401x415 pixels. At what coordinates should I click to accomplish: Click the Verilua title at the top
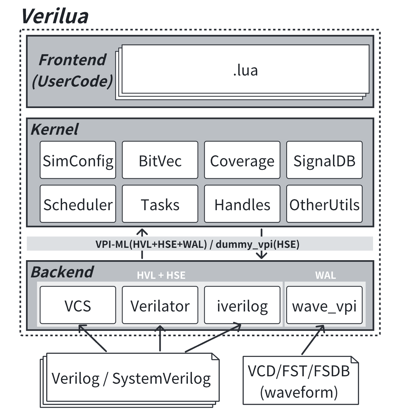pyautogui.click(x=55, y=17)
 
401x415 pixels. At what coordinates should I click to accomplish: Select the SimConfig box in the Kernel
pyautogui.click(x=78, y=160)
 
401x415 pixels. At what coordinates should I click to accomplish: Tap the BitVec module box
pyautogui.click(x=160, y=160)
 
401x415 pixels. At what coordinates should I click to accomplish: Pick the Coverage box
pyautogui.click(x=242, y=160)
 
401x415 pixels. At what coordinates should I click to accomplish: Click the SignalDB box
pyautogui.click(x=324, y=160)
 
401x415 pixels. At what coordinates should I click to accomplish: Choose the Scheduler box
pyautogui.click(x=78, y=204)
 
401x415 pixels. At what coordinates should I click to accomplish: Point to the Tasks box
pyautogui.click(x=160, y=204)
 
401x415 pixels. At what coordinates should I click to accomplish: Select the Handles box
pyautogui.click(x=242, y=204)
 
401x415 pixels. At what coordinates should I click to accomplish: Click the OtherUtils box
pyautogui.click(x=324, y=204)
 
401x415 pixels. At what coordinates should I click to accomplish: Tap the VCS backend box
pyautogui.click(x=78, y=305)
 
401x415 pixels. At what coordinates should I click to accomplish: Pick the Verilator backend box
pyautogui.click(x=160, y=305)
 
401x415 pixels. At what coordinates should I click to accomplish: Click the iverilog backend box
pyautogui.click(x=242, y=305)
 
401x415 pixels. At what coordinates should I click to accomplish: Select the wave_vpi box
pyautogui.click(x=324, y=305)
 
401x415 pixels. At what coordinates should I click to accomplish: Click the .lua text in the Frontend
pyautogui.click(x=245, y=70)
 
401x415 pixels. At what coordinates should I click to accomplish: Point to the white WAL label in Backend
pyautogui.click(x=325, y=275)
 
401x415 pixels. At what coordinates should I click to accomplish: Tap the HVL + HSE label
pyautogui.click(x=161, y=275)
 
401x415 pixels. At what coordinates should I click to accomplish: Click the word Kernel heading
pyautogui.click(x=55, y=129)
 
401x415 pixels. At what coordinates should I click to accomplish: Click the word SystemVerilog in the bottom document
pyautogui.click(x=162, y=378)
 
